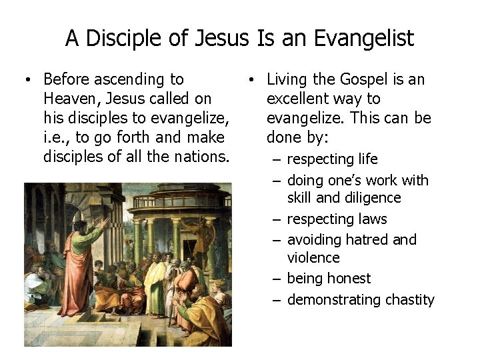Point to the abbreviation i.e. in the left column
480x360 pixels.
(56, 137)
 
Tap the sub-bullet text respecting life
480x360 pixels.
(332, 159)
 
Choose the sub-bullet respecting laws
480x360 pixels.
(337, 219)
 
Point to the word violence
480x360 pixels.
(313, 257)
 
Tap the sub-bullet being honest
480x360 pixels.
(329, 279)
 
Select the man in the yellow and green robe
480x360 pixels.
(155, 280)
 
